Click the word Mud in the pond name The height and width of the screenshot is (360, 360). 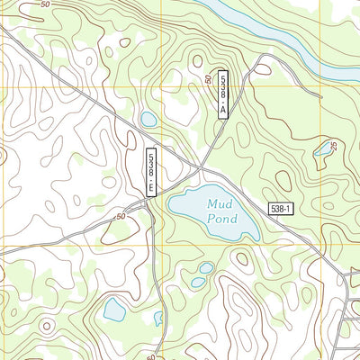(x=220, y=204)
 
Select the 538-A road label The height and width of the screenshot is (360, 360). (x=223, y=94)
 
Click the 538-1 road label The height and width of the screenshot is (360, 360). (x=281, y=209)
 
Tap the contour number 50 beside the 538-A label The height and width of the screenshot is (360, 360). (x=209, y=81)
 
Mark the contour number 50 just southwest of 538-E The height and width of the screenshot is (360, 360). (x=121, y=217)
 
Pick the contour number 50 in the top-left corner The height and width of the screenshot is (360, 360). (x=45, y=5)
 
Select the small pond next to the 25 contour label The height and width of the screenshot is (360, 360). (x=321, y=150)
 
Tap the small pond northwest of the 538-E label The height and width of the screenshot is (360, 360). (x=148, y=119)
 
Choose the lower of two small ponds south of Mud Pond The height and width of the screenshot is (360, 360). (x=197, y=282)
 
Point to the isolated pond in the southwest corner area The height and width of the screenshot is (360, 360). (x=114, y=310)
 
